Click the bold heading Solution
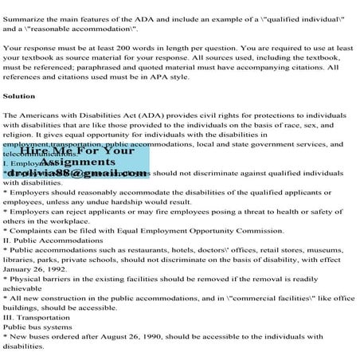[19, 96]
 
